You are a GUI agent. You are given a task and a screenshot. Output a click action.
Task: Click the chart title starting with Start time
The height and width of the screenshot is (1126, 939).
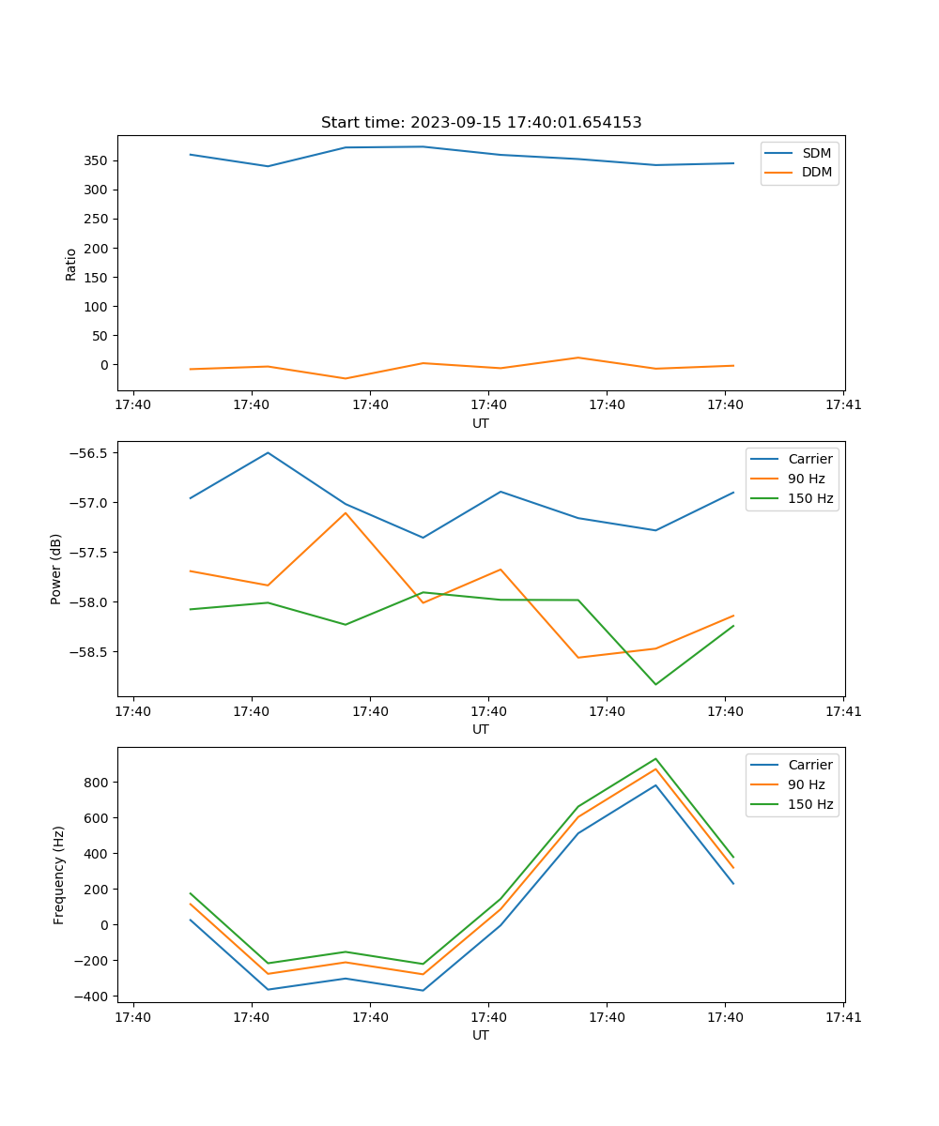coord(481,123)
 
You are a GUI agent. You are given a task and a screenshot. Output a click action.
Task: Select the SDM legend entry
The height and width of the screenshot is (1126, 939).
coord(816,153)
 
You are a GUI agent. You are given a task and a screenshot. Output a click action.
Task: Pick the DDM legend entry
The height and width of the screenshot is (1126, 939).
coord(816,173)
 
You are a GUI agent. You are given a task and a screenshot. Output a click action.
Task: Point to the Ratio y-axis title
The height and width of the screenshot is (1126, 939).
coord(71,264)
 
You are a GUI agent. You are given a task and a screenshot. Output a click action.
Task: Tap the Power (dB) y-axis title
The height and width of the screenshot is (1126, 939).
coord(56,569)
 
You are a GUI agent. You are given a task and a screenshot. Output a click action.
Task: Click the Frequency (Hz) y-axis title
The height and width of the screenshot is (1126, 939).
coord(58,875)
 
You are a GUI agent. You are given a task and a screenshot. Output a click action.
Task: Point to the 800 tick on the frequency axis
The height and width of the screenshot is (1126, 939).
coord(98,783)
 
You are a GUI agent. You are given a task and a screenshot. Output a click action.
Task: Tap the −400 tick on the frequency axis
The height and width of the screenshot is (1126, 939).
coord(94,997)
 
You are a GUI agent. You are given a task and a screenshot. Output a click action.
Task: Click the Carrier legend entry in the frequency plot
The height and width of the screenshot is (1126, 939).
coord(810,765)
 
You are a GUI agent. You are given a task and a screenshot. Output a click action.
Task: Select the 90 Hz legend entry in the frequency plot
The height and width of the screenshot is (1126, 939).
coord(807,784)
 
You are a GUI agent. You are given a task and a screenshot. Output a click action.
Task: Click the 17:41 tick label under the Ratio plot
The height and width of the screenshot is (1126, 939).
coord(843,405)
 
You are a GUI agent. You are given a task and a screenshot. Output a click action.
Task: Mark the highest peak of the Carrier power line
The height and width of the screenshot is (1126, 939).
coord(268,453)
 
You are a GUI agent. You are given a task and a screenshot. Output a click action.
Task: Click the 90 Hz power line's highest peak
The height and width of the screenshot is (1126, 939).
coord(346,512)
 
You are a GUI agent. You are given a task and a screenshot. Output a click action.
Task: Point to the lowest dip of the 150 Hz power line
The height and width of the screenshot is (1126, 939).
coord(655,684)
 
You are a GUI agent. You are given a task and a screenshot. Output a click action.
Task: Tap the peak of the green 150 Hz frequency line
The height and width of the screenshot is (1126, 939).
coord(655,759)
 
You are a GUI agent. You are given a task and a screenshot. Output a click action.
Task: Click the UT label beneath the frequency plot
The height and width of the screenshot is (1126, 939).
coord(481,1036)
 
